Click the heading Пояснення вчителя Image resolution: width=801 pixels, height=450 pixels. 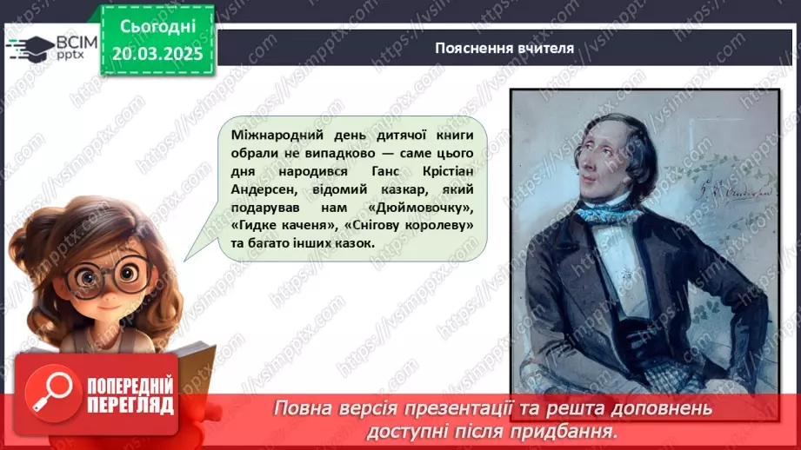(x=504, y=48)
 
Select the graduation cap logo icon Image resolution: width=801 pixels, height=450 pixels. (x=29, y=46)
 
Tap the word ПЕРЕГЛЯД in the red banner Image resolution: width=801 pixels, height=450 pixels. (x=130, y=405)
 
